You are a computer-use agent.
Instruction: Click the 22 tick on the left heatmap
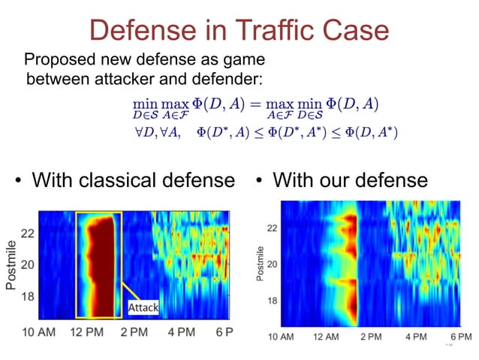point(26,234)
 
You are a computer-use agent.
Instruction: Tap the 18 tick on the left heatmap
point(26,297)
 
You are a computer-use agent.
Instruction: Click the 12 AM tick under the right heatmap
point(326,337)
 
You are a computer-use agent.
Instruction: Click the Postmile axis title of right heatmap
point(260,265)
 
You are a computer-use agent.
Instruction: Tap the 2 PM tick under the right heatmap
point(372,337)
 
